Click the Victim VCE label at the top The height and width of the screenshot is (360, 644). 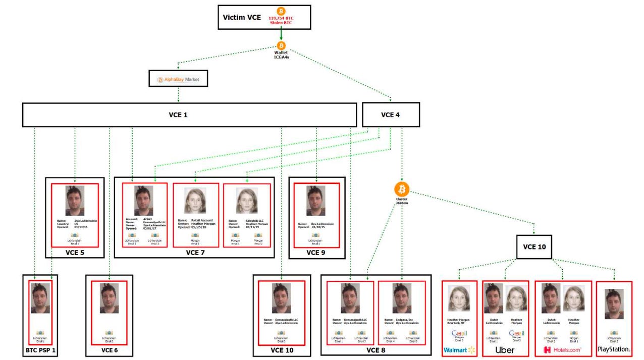coord(242,18)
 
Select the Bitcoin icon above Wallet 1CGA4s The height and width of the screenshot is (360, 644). coord(281,45)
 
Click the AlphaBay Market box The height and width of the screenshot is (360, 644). coord(179,79)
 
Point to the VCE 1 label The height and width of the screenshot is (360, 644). coord(178,115)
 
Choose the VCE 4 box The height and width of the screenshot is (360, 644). coord(391,115)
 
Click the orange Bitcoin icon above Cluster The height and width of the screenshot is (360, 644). coord(402,189)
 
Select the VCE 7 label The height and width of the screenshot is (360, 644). coord(194,252)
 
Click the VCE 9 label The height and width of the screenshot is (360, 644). coord(316,252)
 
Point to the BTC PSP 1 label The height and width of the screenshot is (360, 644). coord(40,349)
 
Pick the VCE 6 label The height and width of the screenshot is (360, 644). coord(109,349)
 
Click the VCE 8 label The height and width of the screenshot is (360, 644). coord(375,349)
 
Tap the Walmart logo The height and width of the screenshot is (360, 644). coord(459,349)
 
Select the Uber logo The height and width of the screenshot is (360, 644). coord(505,349)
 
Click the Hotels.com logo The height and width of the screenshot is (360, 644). coord(562,349)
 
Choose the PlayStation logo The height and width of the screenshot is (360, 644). coord(614,349)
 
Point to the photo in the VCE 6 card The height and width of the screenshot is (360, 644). coord(109,298)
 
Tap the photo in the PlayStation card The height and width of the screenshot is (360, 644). coord(614,304)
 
